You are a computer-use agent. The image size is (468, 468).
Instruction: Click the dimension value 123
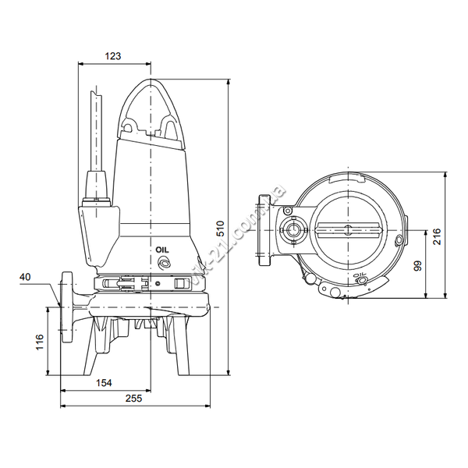pos(113,56)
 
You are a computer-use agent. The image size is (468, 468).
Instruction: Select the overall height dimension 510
pos(220,229)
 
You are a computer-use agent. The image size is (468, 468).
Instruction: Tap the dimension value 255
pos(133,398)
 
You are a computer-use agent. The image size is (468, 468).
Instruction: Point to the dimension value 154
pos(104,383)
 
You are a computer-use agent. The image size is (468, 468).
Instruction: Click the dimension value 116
pos(40,342)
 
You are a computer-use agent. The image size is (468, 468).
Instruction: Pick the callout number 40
pos(25,277)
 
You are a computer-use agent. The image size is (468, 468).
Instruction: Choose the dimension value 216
pos(437,236)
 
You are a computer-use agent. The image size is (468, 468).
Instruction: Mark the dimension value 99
pos(418,266)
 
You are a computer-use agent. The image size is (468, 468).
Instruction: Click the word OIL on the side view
pos(162,250)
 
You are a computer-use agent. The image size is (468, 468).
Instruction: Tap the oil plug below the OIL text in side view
pos(164,263)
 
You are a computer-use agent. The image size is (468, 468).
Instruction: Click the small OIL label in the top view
pos(359,275)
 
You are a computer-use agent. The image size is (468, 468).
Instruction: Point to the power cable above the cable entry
pos(97,131)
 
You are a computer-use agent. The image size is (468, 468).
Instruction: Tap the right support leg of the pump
pos(181,346)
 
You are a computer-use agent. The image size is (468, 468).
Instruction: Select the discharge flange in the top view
pos(264,230)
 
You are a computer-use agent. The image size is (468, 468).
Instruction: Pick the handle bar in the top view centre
pos(349,230)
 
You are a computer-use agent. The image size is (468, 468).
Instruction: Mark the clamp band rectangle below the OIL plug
pos(179,283)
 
